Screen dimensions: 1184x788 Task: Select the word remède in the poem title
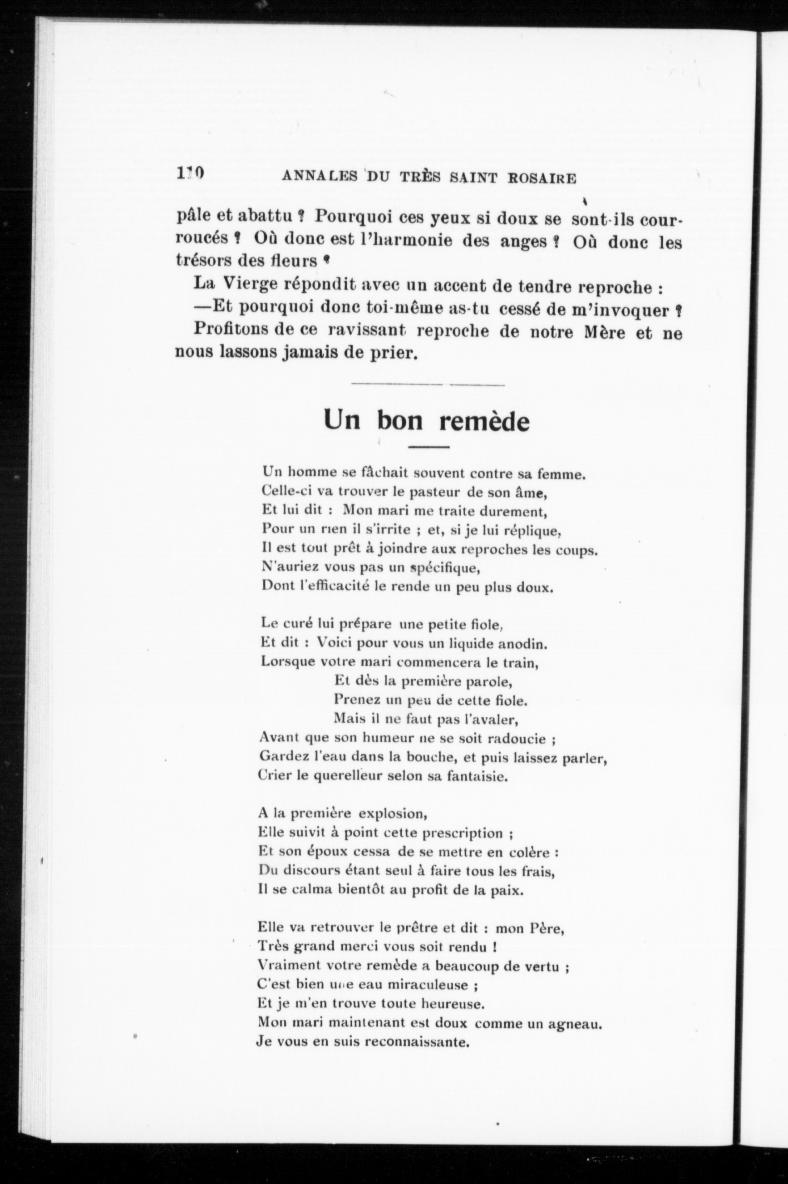click(x=484, y=421)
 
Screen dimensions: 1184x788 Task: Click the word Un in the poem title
click(x=342, y=419)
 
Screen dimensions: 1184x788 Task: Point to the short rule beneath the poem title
click(x=428, y=447)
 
